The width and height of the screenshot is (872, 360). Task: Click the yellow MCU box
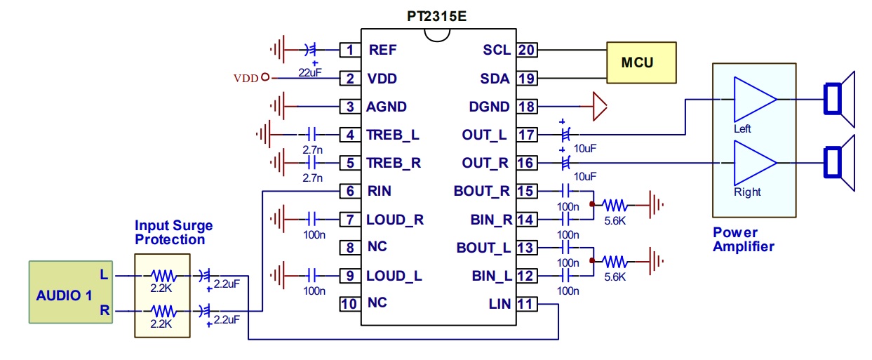(x=641, y=62)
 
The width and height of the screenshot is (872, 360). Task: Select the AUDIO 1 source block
(x=71, y=292)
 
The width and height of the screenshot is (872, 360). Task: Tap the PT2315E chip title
(x=436, y=16)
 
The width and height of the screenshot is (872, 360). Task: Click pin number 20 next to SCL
(x=527, y=50)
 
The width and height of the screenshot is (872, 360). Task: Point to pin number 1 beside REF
(x=350, y=50)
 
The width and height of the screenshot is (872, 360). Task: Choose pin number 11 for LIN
(x=527, y=304)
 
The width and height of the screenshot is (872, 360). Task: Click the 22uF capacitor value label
(x=310, y=73)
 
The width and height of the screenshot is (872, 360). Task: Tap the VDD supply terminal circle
(x=265, y=77)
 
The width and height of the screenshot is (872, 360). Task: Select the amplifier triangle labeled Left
(x=754, y=100)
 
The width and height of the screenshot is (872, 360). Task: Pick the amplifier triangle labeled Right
(x=754, y=163)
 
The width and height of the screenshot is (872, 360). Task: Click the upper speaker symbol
(x=839, y=100)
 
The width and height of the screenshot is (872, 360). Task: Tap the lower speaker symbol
(x=839, y=163)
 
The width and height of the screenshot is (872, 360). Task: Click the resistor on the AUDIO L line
(x=164, y=276)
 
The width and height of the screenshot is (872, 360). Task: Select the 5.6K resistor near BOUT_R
(x=615, y=205)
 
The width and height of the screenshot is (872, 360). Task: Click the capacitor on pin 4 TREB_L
(x=311, y=135)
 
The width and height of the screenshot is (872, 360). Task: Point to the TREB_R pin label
(x=394, y=163)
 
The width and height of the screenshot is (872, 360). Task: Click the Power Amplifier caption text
(x=744, y=239)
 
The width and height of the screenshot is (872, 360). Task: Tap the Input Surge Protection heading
(x=173, y=232)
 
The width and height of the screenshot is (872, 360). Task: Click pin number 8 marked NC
(x=350, y=248)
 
